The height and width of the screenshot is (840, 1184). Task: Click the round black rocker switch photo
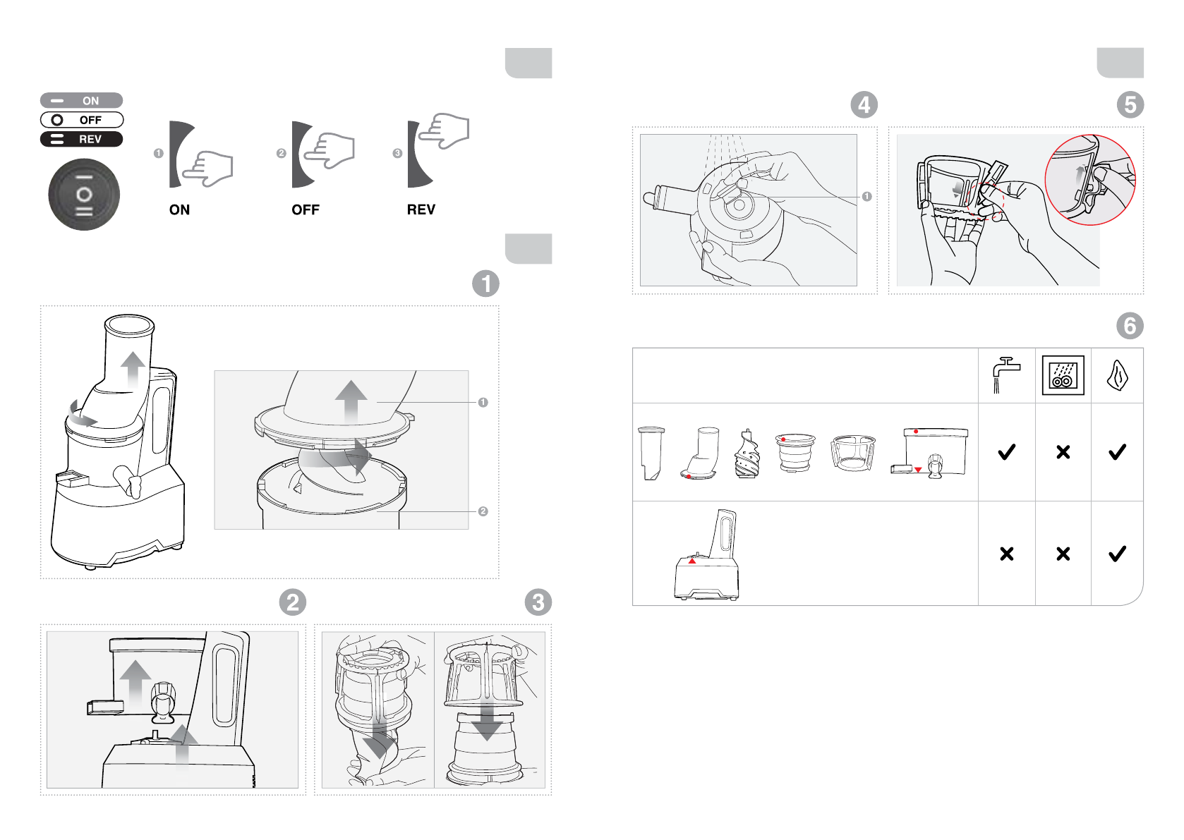point(84,195)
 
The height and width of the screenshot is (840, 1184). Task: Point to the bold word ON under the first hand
point(180,209)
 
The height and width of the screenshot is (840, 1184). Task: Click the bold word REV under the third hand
point(421,209)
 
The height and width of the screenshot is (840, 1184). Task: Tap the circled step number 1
point(485,284)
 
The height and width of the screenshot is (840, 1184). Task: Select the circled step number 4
point(864,104)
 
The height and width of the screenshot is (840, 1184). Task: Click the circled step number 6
point(1130,326)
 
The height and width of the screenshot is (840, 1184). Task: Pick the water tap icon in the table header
point(1006,375)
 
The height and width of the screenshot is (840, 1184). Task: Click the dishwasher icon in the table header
point(1063,375)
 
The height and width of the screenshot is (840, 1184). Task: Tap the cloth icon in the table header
point(1118,376)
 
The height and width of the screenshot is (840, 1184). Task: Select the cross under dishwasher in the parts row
point(1063,452)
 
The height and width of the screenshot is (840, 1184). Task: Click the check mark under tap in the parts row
point(1007,451)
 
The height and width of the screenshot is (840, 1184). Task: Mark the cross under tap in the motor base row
point(1007,554)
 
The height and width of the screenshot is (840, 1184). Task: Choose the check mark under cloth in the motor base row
point(1118,554)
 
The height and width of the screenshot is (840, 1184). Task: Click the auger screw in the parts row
point(747,454)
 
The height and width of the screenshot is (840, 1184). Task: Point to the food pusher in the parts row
point(651,454)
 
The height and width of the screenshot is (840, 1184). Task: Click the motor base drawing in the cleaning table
point(707,555)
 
